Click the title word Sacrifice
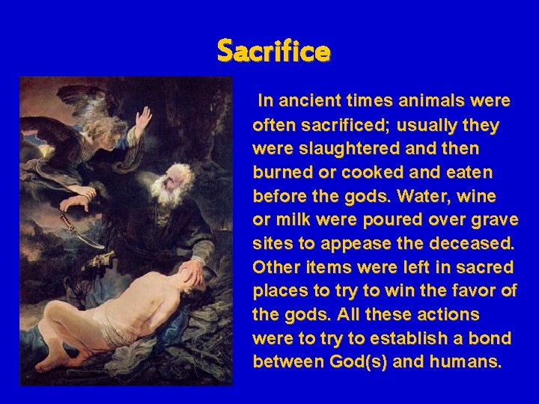273,52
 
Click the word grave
492,220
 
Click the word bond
490,339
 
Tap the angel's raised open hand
142,117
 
